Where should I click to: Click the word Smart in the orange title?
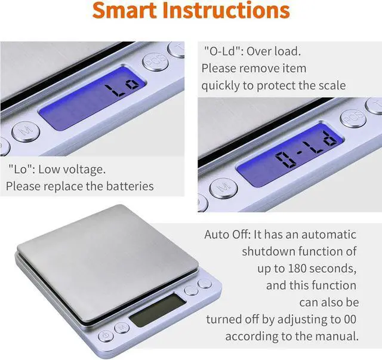click(124, 10)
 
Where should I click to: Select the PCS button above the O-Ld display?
click(353, 118)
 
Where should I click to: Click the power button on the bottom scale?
click(106, 336)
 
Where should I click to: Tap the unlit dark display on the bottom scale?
click(157, 310)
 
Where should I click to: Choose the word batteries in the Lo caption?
click(130, 186)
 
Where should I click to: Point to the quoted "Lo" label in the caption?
click(21, 169)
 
